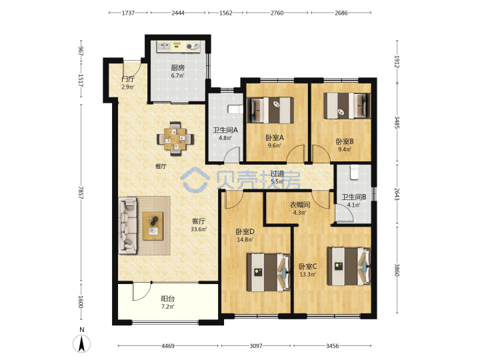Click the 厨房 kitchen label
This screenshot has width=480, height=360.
pos(177,67)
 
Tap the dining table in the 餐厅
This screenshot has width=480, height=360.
pos(175,139)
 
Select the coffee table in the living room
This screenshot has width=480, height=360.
pos(153,226)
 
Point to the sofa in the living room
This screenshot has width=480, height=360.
pos(127,225)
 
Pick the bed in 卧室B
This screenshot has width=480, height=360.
pos(347,105)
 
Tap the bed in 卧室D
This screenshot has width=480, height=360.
pos(269,272)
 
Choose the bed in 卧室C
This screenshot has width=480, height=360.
pos(349,266)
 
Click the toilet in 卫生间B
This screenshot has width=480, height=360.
pos(354,172)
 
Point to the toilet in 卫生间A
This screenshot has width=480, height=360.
pos(236,109)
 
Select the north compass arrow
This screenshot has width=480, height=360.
pos(82,343)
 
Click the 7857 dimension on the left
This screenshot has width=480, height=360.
pos(81,192)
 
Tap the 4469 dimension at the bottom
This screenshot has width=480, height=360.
pos(168,346)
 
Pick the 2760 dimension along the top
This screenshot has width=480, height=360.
pos(277,13)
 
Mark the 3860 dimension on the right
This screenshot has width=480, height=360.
pos(397,270)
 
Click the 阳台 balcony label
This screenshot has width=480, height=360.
pos(168,299)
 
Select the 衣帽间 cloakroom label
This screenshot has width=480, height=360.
pos(300,205)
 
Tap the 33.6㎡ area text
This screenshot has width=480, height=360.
pos(199,229)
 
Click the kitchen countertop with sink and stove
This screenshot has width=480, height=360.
pos(178,46)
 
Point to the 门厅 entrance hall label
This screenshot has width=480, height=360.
pos(128,79)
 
